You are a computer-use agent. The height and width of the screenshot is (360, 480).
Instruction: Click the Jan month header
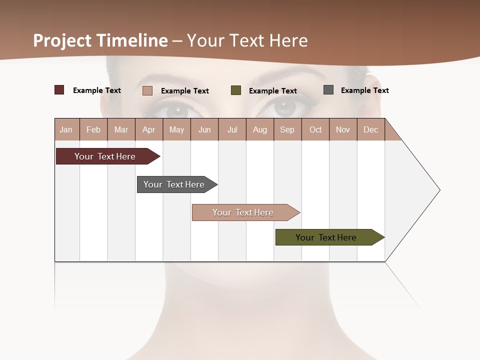(66, 129)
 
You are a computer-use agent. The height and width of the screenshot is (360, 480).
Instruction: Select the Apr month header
(148, 129)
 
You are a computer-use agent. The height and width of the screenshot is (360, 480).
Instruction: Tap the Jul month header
(232, 129)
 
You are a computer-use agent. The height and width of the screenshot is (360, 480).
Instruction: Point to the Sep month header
(287, 129)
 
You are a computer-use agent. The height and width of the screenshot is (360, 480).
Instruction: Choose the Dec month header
(370, 129)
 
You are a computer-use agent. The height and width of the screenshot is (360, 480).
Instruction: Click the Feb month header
(93, 129)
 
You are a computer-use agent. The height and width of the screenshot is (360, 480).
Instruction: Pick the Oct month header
(315, 129)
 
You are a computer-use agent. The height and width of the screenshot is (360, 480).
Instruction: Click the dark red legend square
(59, 90)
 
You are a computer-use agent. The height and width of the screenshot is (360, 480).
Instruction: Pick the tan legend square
(147, 90)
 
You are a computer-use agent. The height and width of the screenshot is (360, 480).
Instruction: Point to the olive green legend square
(236, 90)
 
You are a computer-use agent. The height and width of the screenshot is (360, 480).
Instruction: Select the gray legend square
(328, 90)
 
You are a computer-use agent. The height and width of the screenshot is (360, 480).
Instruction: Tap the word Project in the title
(62, 40)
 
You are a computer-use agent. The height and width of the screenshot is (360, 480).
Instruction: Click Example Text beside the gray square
(364, 90)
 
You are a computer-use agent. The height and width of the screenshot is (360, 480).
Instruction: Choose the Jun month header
(204, 129)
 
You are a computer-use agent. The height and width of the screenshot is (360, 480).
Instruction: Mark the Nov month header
(343, 129)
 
